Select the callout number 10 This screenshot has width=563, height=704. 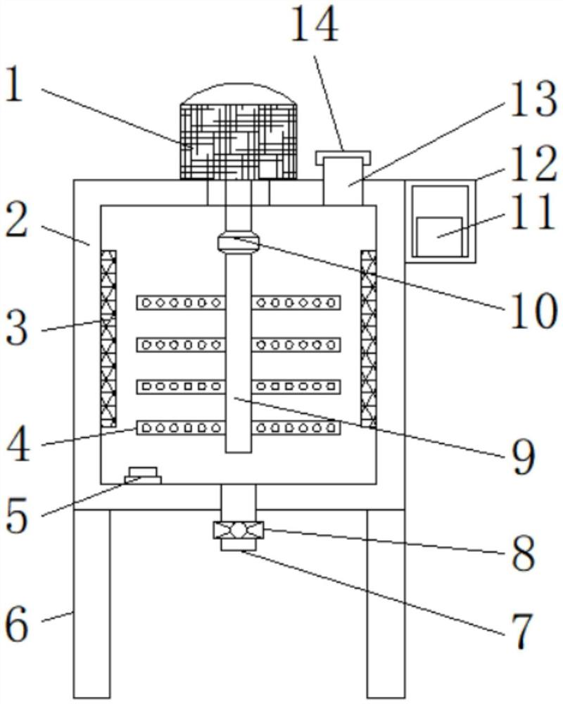533,310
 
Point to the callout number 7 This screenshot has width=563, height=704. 520,631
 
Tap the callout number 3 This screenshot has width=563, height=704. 17,329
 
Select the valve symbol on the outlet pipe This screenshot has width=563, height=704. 239,530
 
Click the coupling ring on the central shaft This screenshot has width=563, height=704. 239,242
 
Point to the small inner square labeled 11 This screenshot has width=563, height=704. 439,237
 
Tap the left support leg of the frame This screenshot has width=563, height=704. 91,604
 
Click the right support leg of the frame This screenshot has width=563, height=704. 386,604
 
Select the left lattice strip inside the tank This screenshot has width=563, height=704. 108,339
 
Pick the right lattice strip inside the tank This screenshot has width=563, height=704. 369,339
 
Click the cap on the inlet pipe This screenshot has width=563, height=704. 343,158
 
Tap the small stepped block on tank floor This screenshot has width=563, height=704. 143,475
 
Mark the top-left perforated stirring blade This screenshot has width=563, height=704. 180,303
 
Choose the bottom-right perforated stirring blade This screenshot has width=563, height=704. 296,428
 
